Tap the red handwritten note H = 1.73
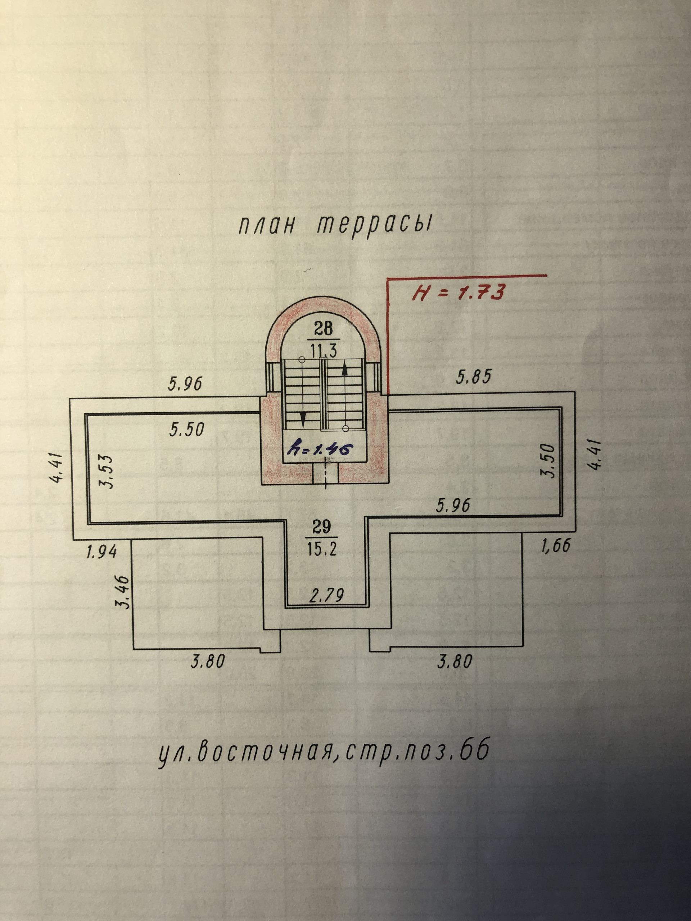pyautogui.click(x=459, y=292)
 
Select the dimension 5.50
pyautogui.click(x=186, y=429)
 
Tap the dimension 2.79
pyautogui.click(x=326, y=595)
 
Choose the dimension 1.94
pyautogui.click(x=101, y=552)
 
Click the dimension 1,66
pyautogui.click(x=556, y=546)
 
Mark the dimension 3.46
pyautogui.click(x=123, y=592)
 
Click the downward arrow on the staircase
pyautogui.click(x=303, y=418)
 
